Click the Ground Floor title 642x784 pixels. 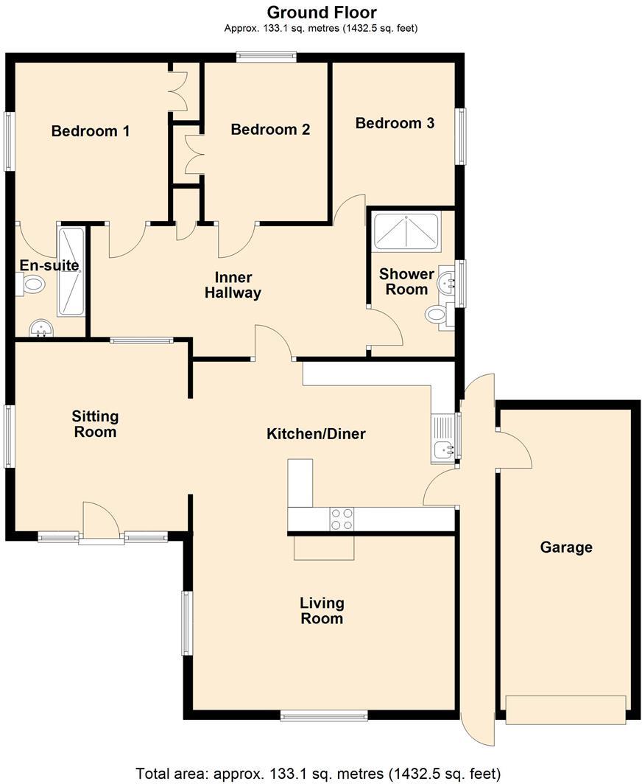coord(321,13)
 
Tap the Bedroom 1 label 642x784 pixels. coord(91,131)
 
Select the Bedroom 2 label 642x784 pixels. coord(270,130)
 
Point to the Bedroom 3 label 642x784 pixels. coord(395,123)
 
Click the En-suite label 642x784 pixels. coord(49,265)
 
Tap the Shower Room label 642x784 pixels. coord(406,281)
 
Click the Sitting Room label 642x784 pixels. coord(95,424)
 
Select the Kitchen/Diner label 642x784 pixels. coord(316,433)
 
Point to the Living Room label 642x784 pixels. coord(322,610)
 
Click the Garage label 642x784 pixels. coord(566,547)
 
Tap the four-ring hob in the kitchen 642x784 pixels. coord(342,519)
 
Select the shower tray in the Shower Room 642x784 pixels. coord(406,231)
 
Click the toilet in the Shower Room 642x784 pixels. coord(437,315)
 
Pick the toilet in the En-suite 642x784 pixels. coord(32,284)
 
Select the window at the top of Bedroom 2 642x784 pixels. coord(266,56)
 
